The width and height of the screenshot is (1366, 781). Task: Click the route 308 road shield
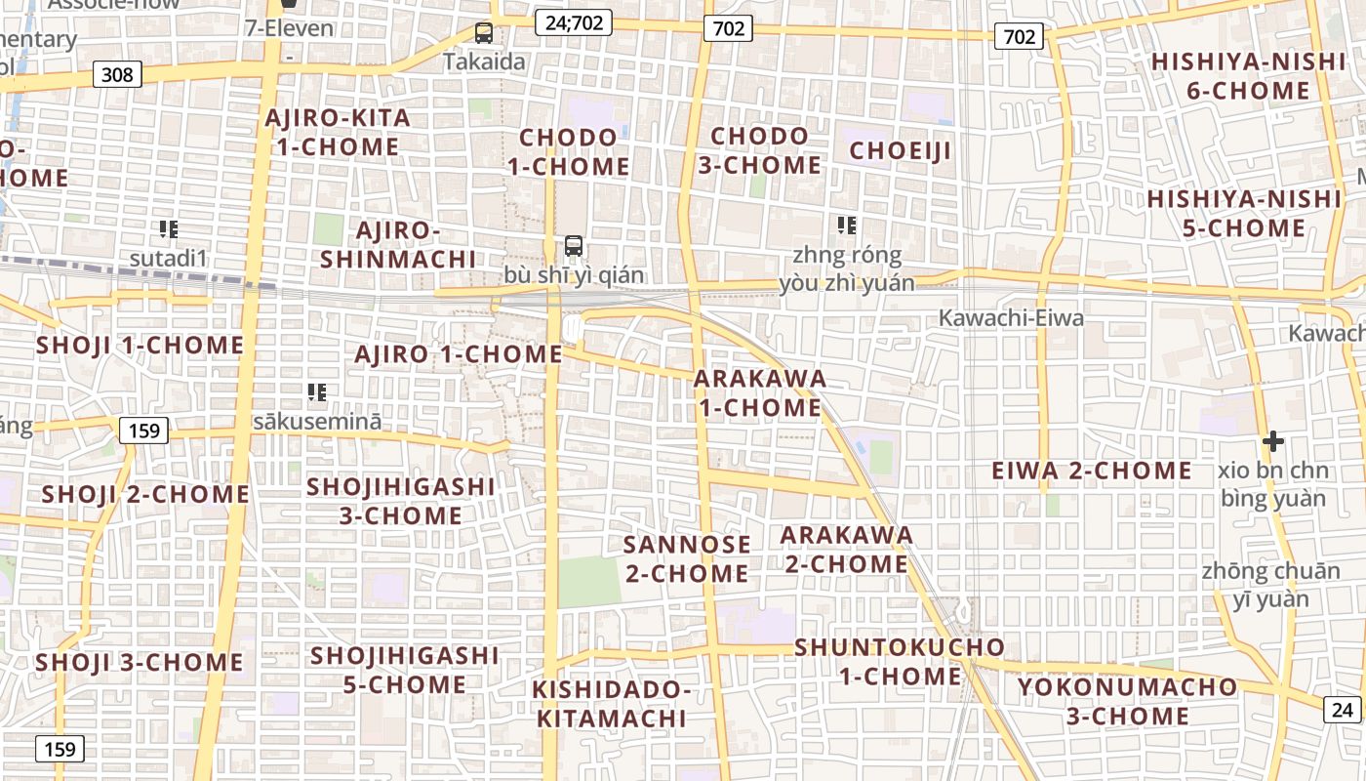(118, 73)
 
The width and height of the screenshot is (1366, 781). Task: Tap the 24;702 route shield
(573, 21)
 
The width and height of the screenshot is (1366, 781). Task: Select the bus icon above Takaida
(484, 33)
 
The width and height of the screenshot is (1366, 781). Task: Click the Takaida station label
(484, 62)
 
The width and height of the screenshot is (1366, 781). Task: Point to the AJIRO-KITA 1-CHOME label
(338, 133)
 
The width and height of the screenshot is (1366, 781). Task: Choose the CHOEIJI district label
(900, 150)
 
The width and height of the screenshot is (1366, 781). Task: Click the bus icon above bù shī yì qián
(574, 246)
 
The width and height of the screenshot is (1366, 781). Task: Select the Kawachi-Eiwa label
(1011, 317)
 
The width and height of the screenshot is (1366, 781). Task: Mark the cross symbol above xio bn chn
(1272, 441)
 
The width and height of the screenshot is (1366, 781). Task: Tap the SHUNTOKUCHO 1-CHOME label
(900, 661)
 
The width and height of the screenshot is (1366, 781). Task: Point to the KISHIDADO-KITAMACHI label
(612, 704)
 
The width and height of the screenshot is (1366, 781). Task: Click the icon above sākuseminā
(317, 392)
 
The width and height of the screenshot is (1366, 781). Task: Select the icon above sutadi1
(169, 229)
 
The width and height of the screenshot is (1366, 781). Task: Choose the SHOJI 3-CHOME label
(140, 662)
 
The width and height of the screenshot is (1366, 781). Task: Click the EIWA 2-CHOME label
(1092, 471)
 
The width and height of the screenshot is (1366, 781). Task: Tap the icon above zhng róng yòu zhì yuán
(847, 226)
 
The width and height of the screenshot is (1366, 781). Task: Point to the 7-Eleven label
(289, 27)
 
